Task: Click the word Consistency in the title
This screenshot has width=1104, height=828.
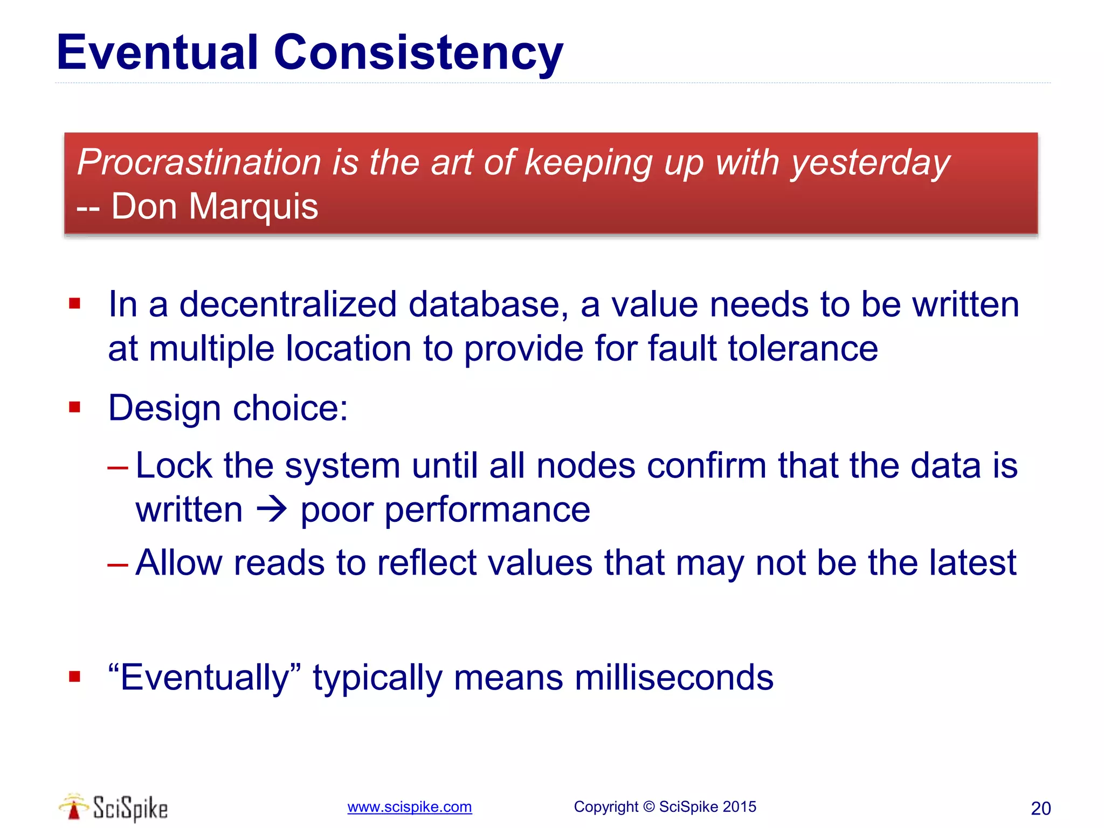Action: (418, 53)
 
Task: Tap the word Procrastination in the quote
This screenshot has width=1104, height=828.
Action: (199, 162)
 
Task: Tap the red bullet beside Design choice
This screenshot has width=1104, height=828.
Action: (75, 407)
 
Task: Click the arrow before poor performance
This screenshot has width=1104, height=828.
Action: (272, 509)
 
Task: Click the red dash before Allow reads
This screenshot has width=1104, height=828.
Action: (118, 564)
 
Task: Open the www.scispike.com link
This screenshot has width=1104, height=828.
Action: (409, 807)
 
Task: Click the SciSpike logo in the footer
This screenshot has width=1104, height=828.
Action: (114, 808)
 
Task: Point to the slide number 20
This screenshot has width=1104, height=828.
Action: (1040, 809)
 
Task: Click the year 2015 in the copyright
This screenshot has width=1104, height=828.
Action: (739, 807)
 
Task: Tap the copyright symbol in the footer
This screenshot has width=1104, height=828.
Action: (648, 807)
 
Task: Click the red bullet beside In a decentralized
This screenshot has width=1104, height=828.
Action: (75, 304)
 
